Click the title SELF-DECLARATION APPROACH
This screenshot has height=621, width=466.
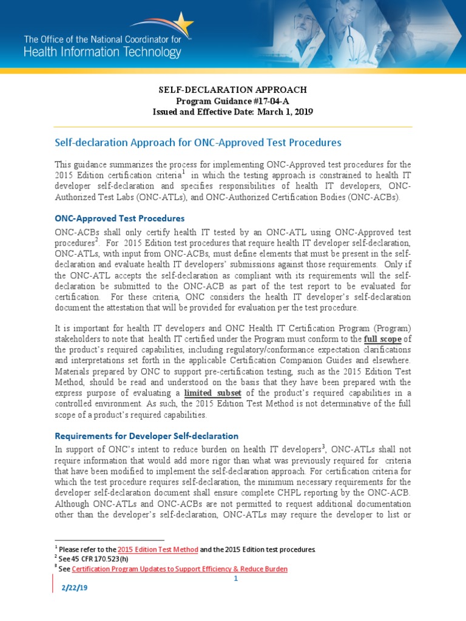click(232, 90)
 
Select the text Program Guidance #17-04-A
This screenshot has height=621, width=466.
click(232, 101)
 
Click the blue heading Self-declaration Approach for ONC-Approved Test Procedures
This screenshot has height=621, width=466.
click(198, 143)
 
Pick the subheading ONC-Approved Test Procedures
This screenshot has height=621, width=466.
click(120, 218)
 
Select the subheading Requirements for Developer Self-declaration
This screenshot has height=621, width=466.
click(146, 435)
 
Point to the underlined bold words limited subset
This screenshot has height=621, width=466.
click(211, 393)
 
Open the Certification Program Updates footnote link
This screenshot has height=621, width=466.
click(180, 569)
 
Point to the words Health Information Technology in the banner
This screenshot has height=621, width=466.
click(102, 52)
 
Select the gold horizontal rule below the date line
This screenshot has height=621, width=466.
click(233, 127)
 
